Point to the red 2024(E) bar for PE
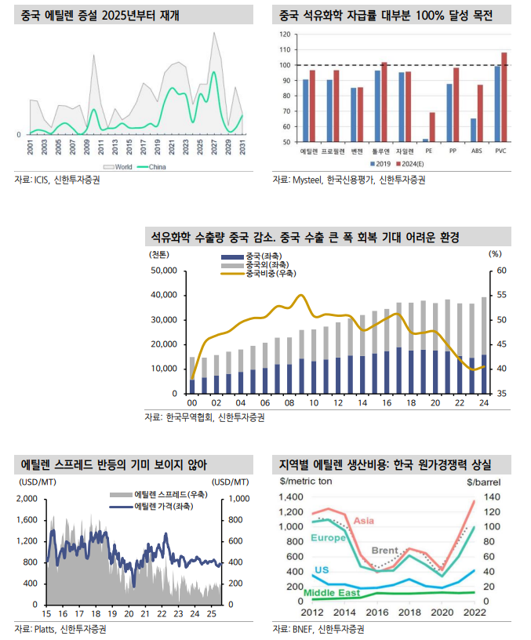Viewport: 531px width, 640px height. (x=432, y=127)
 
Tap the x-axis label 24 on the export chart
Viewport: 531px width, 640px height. (x=484, y=402)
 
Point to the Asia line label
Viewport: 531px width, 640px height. (x=363, y=520)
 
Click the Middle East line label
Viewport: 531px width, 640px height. (x=331, y=593)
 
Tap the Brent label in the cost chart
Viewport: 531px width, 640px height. (x=384, y=551)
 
